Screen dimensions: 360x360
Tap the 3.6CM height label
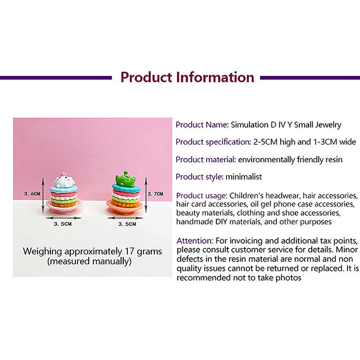[32, 194]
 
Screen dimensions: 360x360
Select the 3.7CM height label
[155, 194]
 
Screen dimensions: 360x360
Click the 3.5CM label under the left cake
[63, 224]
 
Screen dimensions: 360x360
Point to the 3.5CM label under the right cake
[127, 224]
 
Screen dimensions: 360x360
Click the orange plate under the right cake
[125, 207]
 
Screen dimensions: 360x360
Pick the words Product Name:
[202, 125]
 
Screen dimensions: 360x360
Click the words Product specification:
[213, 142]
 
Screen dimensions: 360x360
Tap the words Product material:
[206, 159]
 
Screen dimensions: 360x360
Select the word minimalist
[243, 177]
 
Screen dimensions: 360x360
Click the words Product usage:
[202, 196]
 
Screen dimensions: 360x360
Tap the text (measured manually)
[89, 261]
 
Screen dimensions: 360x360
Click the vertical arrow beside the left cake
[43, 195]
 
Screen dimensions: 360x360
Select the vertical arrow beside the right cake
[146, 195]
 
